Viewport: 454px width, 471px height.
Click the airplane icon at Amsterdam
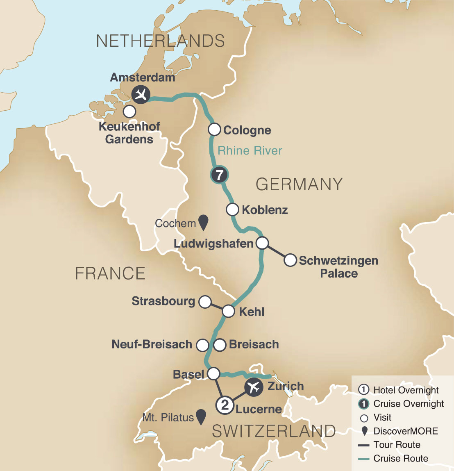click(x=141, y=95)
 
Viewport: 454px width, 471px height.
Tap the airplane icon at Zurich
click(x=254, y=387)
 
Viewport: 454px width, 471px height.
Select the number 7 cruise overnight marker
click(x=219, y=175)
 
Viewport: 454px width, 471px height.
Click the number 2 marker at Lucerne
click(x=225, y=405)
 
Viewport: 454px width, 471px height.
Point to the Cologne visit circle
click(x=214, y=130)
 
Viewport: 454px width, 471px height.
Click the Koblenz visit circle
click(x=232, y=209)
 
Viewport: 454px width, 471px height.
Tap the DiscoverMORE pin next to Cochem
click(x=203, y=223)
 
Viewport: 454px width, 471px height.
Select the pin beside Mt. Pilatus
click(x=200, y=417)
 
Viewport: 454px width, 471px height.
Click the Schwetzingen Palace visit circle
click(x=290, y=260)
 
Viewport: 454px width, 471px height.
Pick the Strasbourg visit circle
click(x=204, y=302)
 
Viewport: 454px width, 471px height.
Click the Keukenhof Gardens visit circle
click(x=129, y=111)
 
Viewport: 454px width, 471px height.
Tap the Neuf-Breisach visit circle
click(x=202, y=345)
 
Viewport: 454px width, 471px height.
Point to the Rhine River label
click(x=250, y=151)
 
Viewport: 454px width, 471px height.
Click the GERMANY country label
click(x=299, y=184)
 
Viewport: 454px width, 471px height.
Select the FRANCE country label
click(x=110, y=273)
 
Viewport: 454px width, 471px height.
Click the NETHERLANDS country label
click(x=160, y=41)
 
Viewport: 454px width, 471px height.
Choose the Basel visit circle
click(x=213, y=374)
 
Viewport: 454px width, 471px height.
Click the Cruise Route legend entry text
click(x=400, y=459)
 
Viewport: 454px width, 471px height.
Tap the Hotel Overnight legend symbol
click(x=363, y=390)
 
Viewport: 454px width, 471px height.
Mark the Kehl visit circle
click(x=228, y=312)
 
